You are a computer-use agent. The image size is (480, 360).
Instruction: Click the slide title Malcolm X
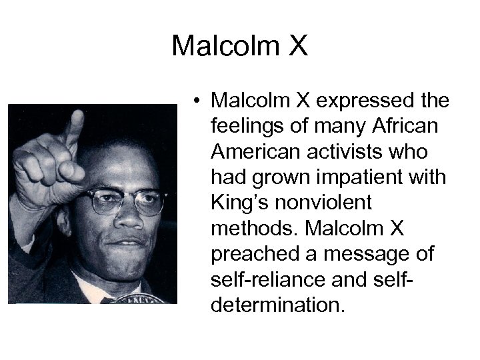coord(240,46)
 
